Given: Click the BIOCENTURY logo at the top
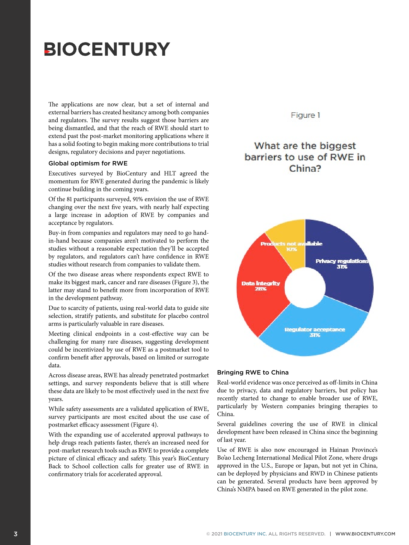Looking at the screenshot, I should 107,49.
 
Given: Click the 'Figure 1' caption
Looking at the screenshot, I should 305,115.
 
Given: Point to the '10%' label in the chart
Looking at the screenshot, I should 292,249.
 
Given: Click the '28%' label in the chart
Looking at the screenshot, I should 261,289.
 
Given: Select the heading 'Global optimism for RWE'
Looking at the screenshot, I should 88,163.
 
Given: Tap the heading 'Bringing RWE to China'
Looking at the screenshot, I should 253,373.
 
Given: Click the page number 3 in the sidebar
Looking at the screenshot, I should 15,534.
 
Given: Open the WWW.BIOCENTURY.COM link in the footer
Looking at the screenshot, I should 365,534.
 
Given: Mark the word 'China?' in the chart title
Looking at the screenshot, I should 305,169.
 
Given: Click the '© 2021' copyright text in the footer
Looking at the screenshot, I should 214,534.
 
